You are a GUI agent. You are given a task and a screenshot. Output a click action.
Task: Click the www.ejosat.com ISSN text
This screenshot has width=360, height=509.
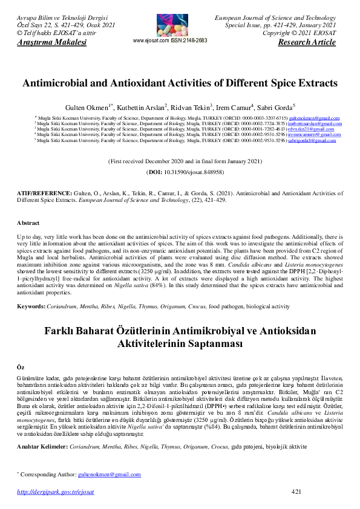coord(169,41)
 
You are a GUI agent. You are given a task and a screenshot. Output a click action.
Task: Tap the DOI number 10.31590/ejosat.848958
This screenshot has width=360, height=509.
coord(186,172)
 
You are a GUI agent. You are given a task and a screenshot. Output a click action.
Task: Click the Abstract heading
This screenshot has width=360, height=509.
coord(28,223)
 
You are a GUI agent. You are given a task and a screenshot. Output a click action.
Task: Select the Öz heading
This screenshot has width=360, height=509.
coord(21,367)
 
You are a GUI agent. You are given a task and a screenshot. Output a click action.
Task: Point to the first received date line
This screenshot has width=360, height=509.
coord(185,162)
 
